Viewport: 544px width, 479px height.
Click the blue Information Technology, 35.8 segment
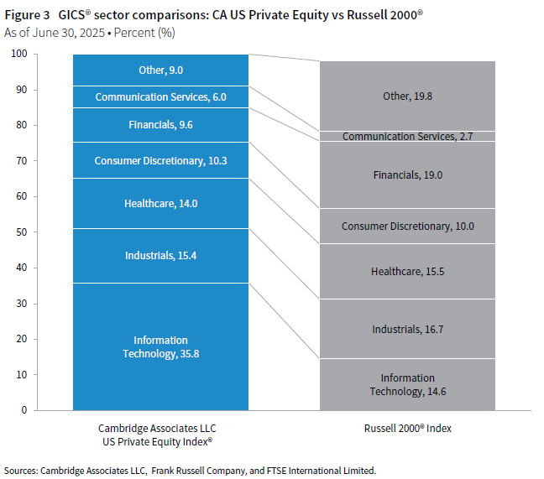coord(160,346)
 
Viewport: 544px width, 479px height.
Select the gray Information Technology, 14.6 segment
coord(407,384)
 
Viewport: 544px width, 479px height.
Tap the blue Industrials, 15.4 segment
coord(160,255)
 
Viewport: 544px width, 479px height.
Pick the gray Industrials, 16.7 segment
coord(407,329)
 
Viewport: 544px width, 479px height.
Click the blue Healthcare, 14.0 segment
coord(160,203)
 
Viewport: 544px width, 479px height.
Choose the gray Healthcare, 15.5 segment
coord(407,271)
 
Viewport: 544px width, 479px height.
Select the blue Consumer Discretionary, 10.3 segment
coord(160,160)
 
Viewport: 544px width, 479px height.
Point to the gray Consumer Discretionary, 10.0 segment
coord(407,226)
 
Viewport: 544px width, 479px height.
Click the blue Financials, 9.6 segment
coord(160,124)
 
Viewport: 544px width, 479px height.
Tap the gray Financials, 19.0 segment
coord(407,174)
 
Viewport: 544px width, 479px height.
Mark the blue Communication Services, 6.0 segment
coord(160,96)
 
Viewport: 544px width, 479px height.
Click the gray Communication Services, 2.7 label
coord(407,136)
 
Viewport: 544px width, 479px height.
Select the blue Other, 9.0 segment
coord(160,70)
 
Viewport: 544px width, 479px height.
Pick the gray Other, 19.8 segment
coord(407,96)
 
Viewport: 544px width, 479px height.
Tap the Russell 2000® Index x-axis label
coord(407,428)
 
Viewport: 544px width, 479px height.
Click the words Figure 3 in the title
coord(28,15)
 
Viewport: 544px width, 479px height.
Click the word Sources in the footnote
coord(23,470)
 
